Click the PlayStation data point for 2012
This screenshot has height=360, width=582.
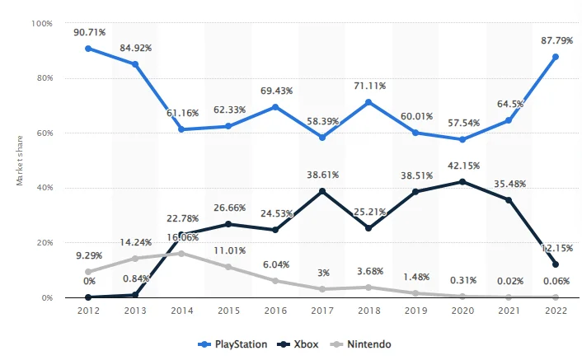(x=87, y=49)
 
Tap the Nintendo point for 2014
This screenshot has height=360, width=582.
(x=181, y=253)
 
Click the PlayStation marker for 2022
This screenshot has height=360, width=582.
(x=556, y=57)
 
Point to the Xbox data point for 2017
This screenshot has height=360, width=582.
(x=322, y=191)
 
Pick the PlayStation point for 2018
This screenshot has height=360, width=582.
(x=368, y=102)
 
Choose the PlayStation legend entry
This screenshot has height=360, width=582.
(x=232, y=344)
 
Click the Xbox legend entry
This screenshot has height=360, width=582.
(x=298, y=344)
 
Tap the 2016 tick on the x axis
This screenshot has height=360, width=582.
(x=275, y=311)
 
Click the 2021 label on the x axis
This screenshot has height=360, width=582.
(x=509, y=311)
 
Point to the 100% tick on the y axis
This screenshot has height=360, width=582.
(x=42, y=23)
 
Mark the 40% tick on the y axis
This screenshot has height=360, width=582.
(x=45, y=188)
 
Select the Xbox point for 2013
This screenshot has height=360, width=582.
(x=134, y=294)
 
